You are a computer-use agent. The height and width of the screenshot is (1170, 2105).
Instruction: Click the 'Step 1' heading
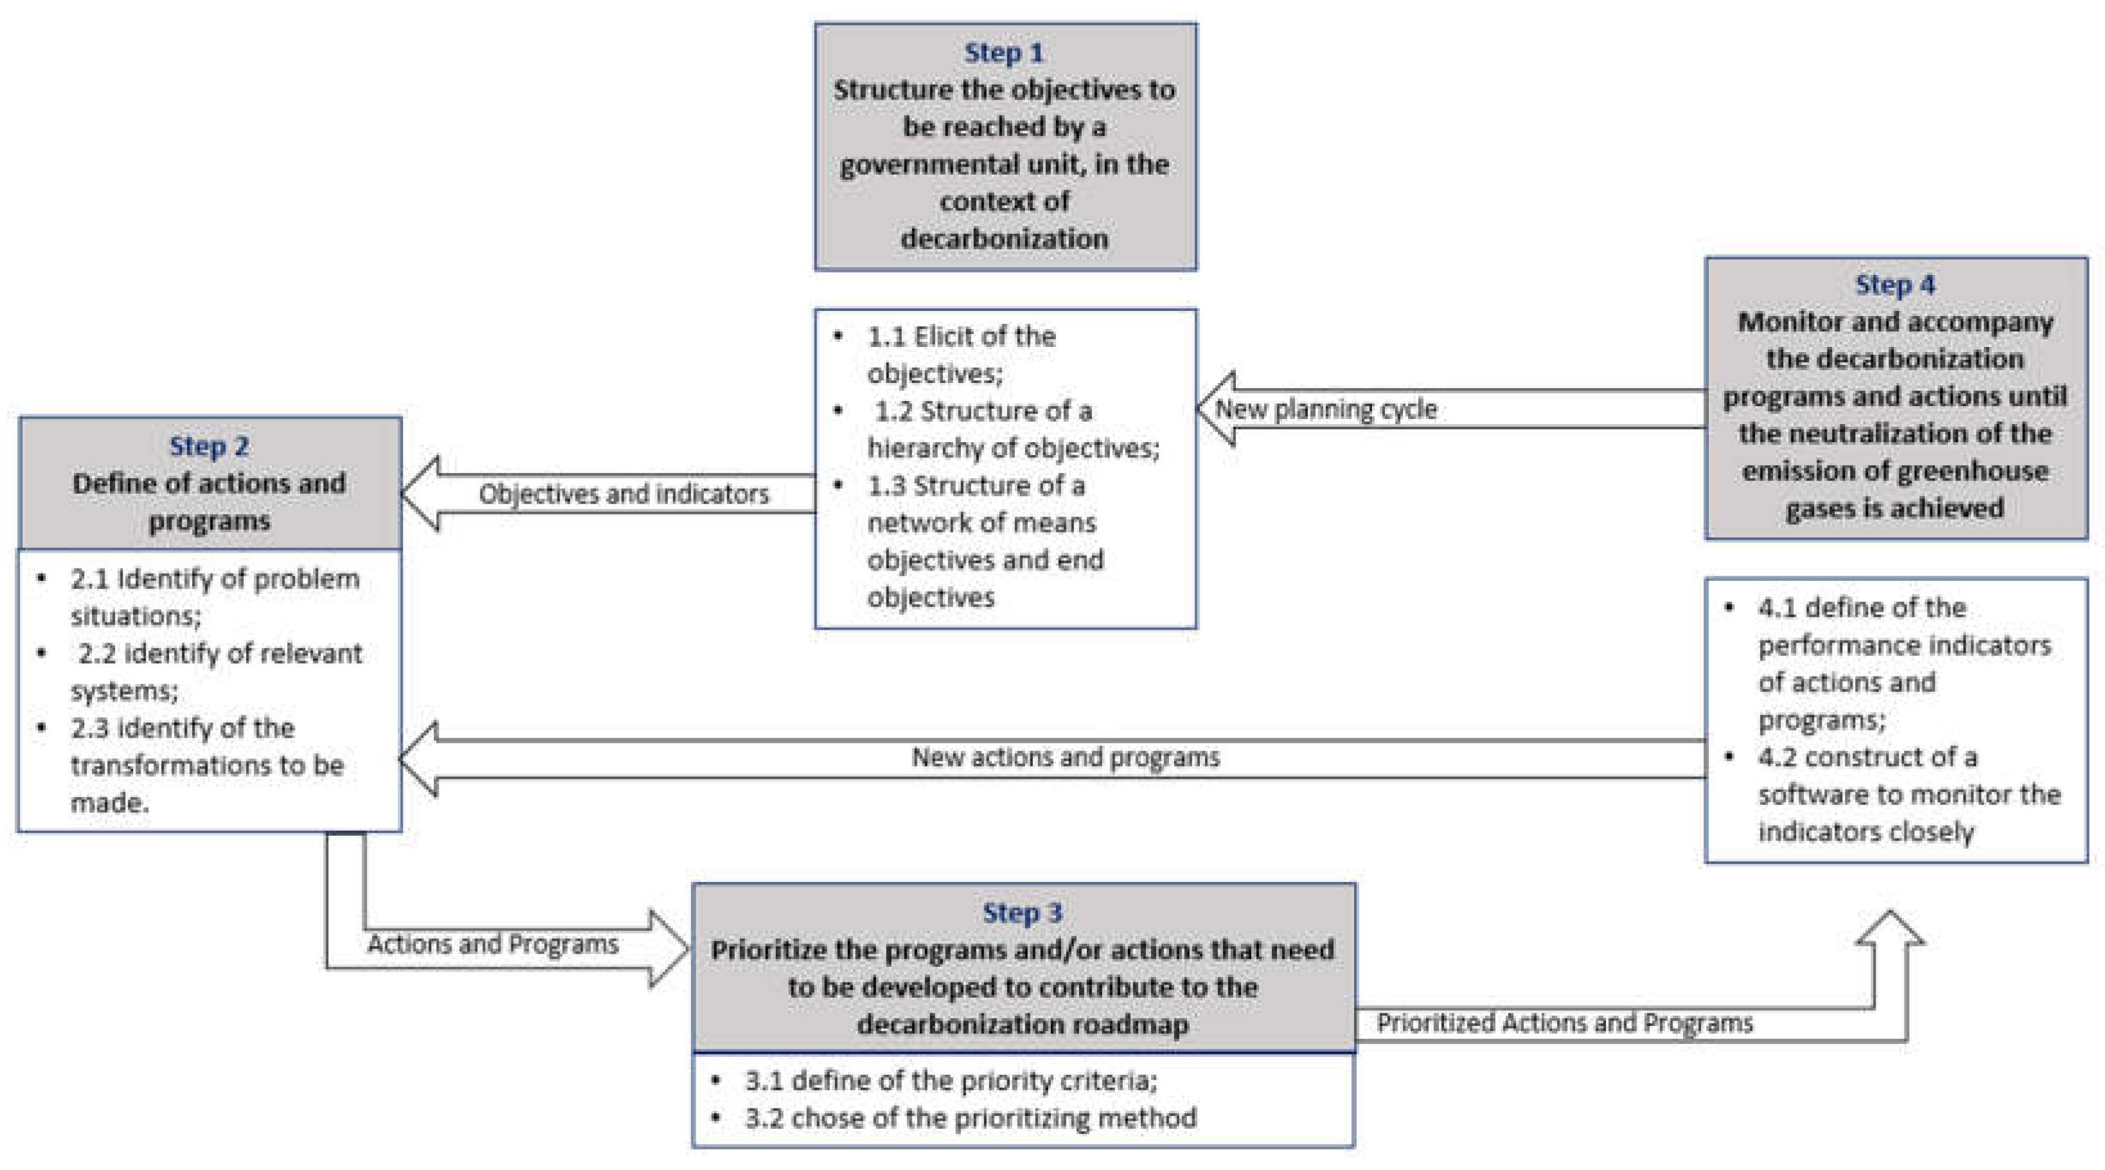1003,53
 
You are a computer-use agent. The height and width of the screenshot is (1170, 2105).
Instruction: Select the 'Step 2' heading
209,447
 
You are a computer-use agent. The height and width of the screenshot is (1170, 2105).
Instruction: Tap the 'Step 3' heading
1022,912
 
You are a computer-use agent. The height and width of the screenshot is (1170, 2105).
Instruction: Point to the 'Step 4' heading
1895,285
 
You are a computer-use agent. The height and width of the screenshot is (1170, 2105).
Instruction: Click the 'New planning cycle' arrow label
1325,409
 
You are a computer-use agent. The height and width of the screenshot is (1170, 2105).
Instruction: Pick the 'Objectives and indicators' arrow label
624,494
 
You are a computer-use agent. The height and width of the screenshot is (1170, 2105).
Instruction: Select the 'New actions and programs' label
1066,757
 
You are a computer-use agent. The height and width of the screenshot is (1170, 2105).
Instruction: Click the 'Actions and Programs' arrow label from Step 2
493,944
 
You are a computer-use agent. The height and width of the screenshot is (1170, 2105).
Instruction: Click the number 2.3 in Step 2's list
89,728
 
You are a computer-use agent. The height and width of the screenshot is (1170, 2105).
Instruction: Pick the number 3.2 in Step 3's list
764,1118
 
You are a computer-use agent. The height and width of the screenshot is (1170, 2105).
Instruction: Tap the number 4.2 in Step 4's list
1777,757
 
